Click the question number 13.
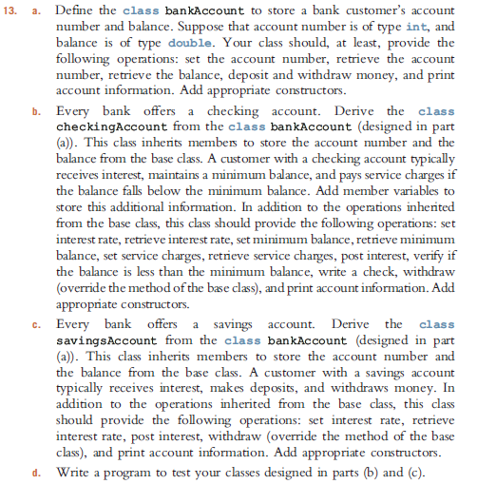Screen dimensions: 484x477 [15, 9]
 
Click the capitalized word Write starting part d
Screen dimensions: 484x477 [75, 470]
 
